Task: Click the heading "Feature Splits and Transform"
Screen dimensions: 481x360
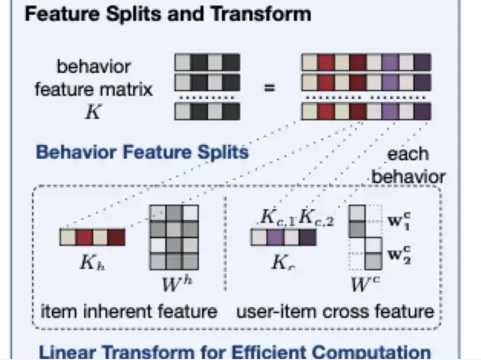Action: pos(168,14)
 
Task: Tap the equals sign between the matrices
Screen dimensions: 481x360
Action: pos(269,88)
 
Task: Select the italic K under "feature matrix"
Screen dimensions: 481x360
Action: pos(93,112)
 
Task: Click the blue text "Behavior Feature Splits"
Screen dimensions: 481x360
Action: pos(142,152)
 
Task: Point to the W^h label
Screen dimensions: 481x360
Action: pos(177,284)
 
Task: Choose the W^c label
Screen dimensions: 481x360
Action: pos(365,284)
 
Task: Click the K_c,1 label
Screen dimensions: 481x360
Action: pos(278,218)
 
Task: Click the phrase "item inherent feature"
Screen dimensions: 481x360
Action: pos(129,312)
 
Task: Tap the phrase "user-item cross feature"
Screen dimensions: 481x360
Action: pos(335,312)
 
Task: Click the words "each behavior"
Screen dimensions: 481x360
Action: pos(408,165)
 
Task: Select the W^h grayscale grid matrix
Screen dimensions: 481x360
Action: pos(174,238)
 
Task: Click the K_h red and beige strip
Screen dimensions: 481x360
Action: pos(93,237)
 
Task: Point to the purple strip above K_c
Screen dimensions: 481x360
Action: pos(283,237)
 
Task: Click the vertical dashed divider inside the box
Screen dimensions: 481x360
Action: pos(226,245)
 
